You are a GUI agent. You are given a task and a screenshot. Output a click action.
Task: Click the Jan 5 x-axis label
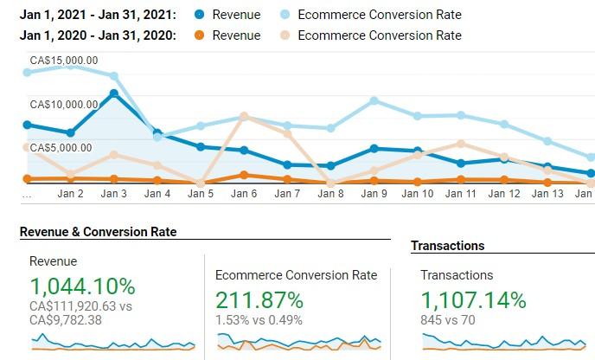201,194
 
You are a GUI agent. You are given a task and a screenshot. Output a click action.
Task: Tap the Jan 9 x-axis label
374,194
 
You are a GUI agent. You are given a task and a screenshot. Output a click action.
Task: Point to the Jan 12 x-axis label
503,194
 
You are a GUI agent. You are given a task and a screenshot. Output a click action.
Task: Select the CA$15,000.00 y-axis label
64,61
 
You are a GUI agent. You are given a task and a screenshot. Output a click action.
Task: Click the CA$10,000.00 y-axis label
64,105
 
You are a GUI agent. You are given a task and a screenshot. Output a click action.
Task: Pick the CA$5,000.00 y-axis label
61,148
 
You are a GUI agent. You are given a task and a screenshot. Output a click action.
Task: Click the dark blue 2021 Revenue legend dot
200,15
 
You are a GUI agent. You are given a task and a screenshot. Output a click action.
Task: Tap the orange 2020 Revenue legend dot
200,35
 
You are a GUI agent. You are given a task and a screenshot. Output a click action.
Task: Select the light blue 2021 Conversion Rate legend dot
285,15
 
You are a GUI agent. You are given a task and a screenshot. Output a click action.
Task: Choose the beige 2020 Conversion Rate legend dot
285,35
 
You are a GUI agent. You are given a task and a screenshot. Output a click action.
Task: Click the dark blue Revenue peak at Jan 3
114,93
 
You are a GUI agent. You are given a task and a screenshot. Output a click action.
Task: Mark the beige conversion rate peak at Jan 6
244,116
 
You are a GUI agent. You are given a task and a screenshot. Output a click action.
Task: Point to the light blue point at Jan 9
374,100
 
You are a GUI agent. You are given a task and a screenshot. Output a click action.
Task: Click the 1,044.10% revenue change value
82,286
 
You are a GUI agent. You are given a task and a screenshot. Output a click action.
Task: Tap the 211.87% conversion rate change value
259,300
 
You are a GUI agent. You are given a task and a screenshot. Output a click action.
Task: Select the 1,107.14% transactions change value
473,300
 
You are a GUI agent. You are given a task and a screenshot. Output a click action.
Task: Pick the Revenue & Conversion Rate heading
98,232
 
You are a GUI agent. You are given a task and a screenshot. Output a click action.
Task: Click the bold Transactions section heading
447,246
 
